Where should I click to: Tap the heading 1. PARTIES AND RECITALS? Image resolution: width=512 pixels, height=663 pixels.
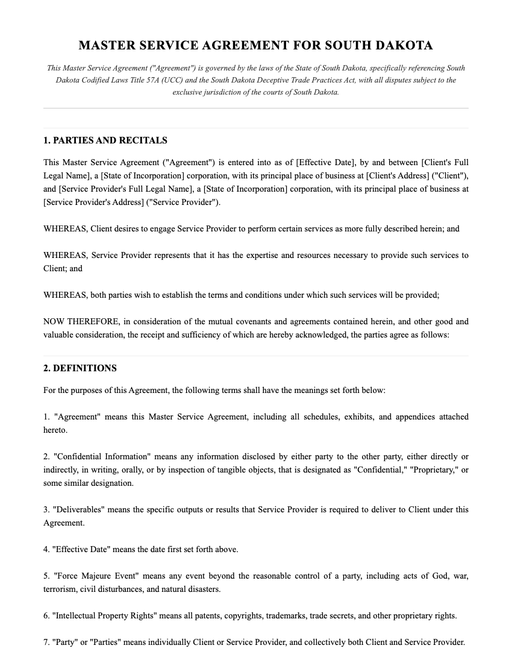point(105,140)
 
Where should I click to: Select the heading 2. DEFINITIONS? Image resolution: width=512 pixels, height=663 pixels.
point(80,368)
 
